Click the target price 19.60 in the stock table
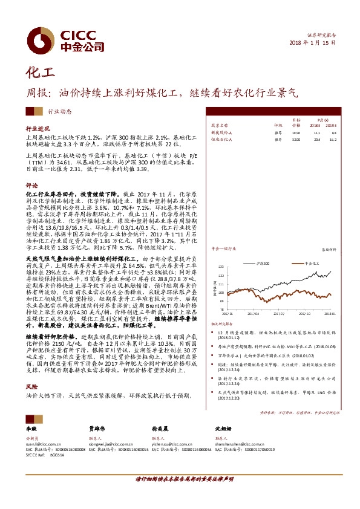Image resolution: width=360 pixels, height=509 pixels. (x=296, y=132)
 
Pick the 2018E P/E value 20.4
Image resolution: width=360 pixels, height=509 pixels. (x=316, y=138)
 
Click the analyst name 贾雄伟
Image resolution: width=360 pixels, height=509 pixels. (x=98, y=429)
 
